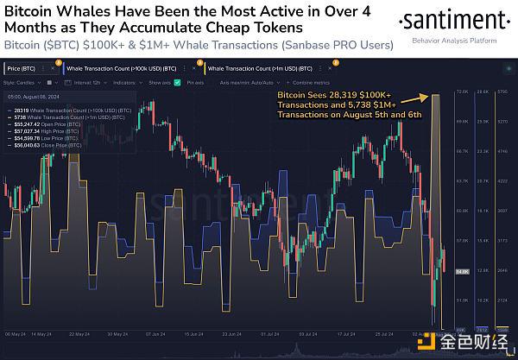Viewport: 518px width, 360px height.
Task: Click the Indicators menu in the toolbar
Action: [124, 82]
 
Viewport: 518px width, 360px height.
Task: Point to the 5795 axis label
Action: [505, 91]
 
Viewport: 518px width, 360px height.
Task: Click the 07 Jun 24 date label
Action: [156, 333]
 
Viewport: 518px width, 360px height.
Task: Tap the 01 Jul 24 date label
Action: [277, 333]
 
